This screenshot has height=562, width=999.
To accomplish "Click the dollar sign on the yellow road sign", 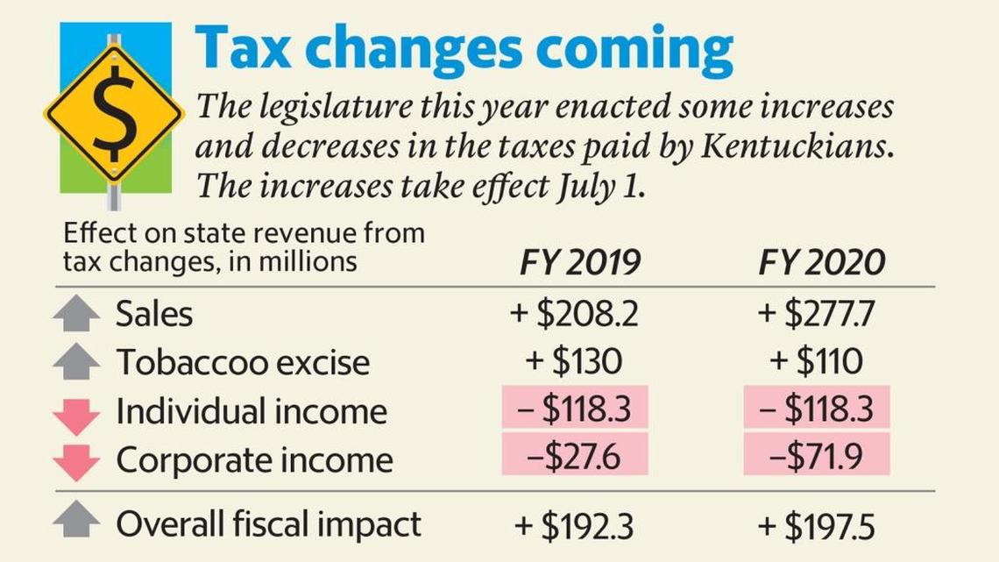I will [114, 113].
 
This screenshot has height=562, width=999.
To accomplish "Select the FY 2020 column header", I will [821, 262].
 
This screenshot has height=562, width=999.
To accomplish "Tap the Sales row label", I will [153, 314].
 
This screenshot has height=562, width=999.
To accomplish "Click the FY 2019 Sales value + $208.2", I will [575, 314].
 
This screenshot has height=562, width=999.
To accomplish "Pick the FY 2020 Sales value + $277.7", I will [817, 314].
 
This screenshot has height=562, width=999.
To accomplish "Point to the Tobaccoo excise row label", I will [243, 362].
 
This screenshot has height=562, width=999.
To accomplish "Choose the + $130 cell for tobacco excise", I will [575, 362].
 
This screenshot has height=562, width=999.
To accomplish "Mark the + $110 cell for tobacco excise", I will [817, 362].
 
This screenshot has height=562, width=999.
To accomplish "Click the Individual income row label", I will [251, 410].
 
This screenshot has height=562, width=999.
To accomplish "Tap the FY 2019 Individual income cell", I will [575, 409].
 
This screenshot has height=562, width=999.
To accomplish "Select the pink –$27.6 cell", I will [575, 456].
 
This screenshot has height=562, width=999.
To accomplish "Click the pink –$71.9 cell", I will [817, 456].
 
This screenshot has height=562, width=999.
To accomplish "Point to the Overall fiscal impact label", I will [268, 524].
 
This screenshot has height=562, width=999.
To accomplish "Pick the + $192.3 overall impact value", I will [575, 526].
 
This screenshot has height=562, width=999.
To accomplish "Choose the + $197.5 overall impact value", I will [817, 526].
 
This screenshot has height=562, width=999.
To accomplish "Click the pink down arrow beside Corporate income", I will [76, 461].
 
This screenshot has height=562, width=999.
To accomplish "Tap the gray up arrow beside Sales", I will [76, 314].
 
